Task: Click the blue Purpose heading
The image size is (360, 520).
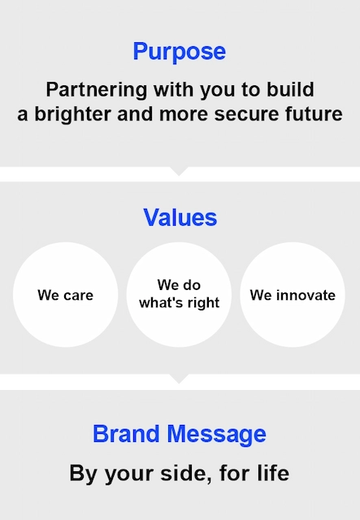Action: pyautogui.click(x=179, y=52)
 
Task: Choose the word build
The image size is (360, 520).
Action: pyautogui.click(x=293, y=89)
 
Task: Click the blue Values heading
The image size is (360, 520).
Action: pyautogui.click(x=180, y=218)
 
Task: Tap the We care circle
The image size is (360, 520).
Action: pyautogui.click(x=65, y=295)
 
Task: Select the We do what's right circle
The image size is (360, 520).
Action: pyautogui.click(x=179, y=294)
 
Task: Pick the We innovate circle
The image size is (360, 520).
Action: pyautogui.click(x=293, y=295)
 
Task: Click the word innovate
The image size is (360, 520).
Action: pyautogui.click(x=306, y=295)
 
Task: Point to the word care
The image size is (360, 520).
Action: pyautogui.click(x=78, y=295)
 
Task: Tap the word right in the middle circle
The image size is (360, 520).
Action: pyautogui.click(x=203, y=304)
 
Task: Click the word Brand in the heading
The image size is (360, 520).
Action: pyautogui.click(x=125, y=434)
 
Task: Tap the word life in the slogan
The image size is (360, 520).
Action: pyautogui.click(x=271, y=473)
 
